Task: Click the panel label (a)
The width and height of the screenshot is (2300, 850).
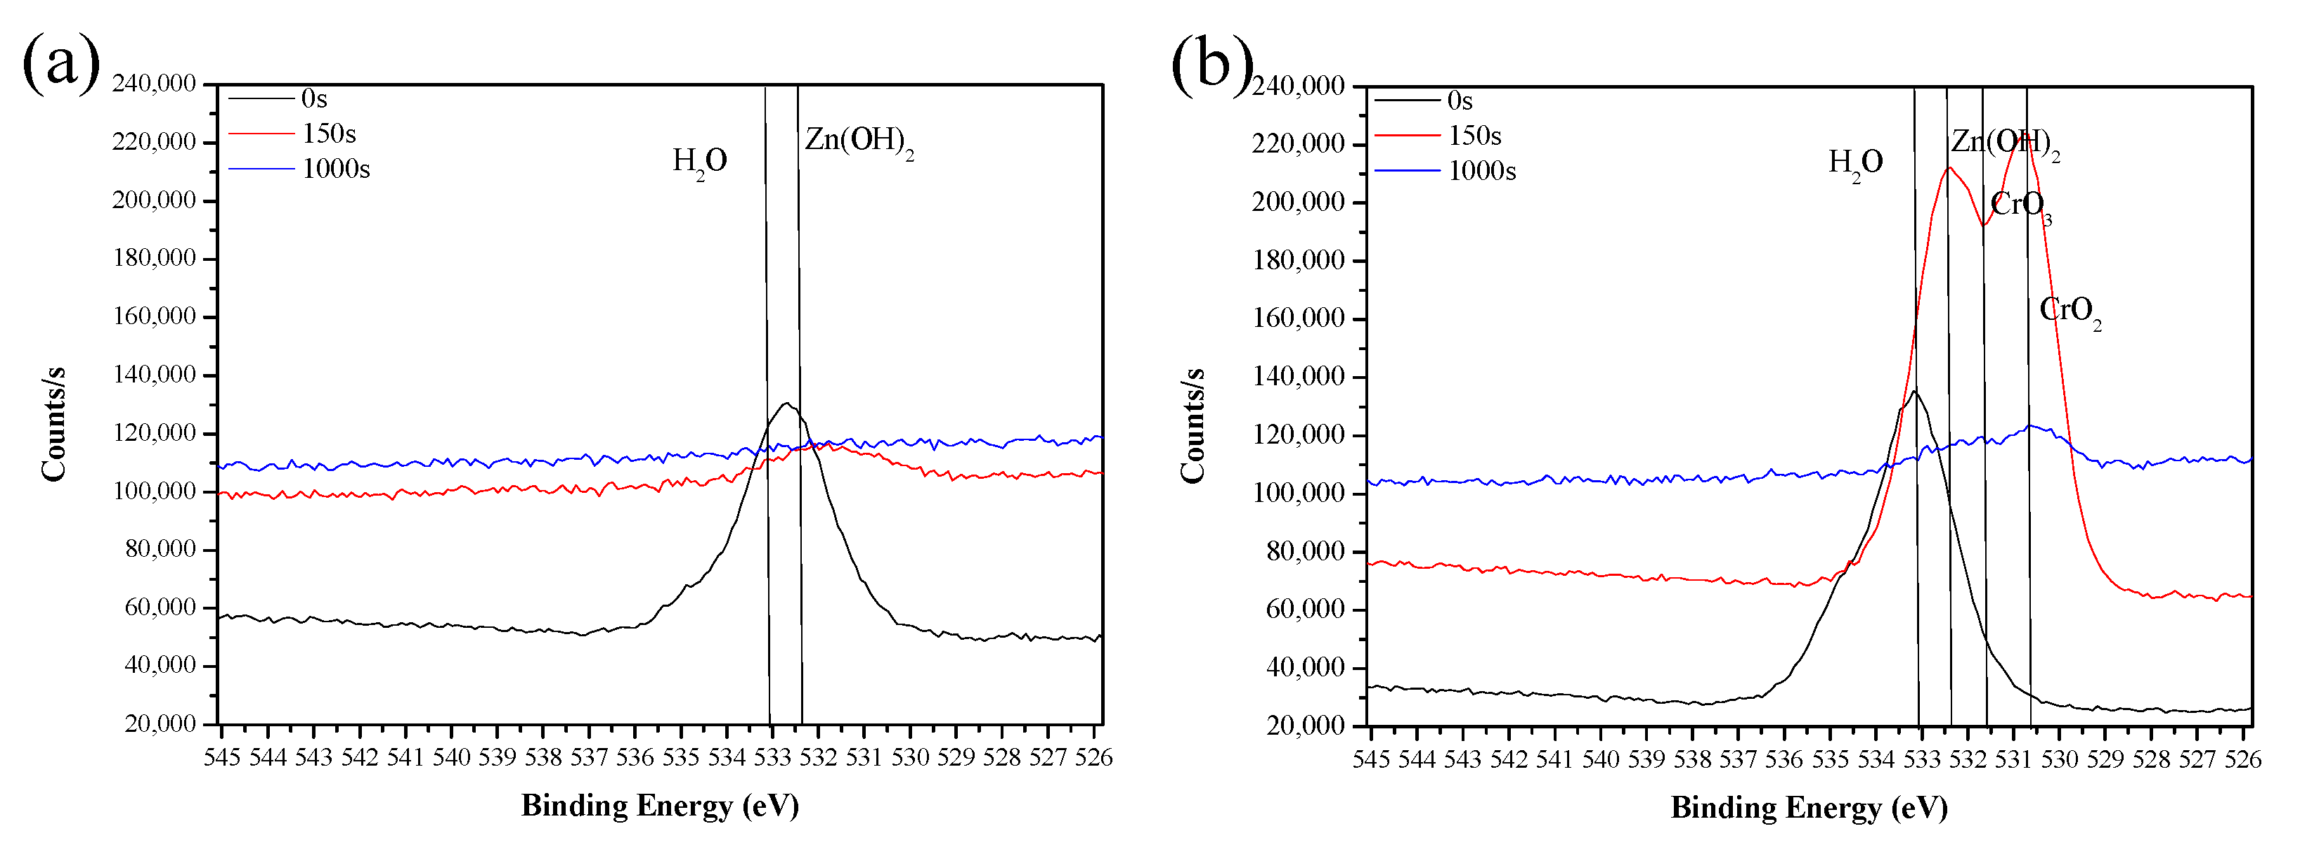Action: pos(60,63)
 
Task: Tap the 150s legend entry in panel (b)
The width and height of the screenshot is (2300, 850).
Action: pos(1474,136)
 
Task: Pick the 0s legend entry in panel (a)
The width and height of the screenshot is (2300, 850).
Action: pos(314,98)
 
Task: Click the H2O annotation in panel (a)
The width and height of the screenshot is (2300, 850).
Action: pos(699,162)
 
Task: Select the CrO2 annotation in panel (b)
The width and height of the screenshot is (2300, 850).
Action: pos(2070,311)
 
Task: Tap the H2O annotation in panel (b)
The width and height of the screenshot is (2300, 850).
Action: pos(1855,162)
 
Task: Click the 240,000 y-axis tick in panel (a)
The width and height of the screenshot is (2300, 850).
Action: pos(154,84)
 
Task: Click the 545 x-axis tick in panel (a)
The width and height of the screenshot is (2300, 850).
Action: pos(221,757)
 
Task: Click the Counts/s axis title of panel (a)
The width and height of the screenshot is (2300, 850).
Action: pos(53,424)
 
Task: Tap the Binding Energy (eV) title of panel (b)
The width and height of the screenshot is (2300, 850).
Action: pos(1809,807)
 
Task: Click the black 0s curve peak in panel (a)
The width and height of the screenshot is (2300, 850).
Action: pos(786,404)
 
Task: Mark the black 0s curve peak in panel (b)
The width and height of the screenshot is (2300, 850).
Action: pos(1914,391)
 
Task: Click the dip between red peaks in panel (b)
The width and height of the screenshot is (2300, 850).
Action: pos(1983,224)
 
